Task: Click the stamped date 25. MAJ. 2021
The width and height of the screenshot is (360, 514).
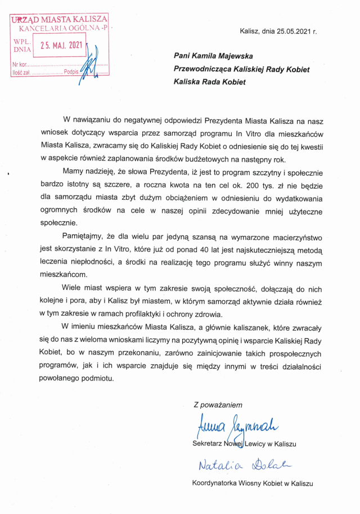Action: (61, 45)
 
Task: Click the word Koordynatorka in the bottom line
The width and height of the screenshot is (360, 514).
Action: (216, 483)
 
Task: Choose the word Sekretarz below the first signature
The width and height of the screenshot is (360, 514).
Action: (208, 444)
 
